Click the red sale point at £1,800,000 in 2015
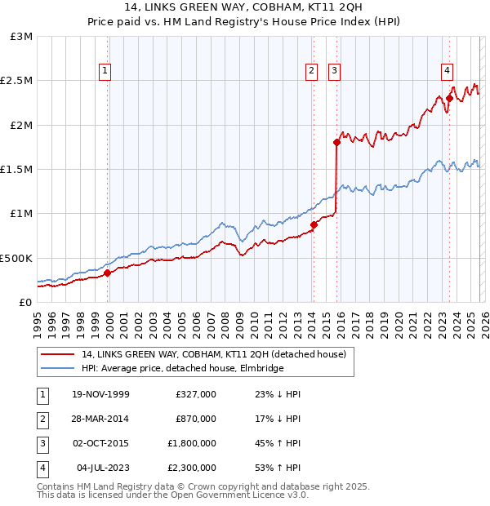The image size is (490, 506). [x=336, y=142]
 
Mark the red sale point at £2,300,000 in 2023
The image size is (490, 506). [x=449, y=98]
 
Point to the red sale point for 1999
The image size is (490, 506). [x=107, y=273]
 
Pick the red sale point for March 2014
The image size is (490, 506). [x=314, y=224]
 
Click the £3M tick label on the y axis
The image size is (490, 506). [x=21, y=37]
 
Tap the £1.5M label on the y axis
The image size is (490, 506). [x=17, y=170]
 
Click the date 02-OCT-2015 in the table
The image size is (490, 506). [x=100, y=444]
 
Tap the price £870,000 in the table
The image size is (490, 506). [x=196, y=419]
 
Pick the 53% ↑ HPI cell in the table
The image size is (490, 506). [x=278, y=468]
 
